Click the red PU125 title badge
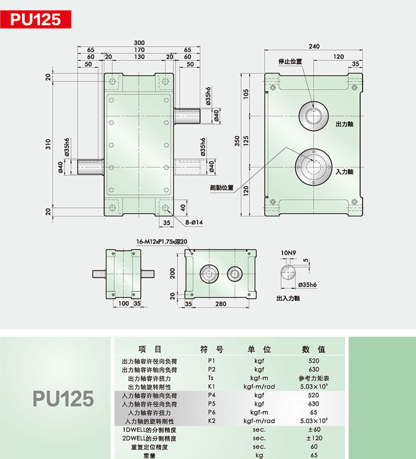(x=36, y=19)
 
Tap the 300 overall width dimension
(x=139, y=43)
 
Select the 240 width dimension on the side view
(x=314, y=46)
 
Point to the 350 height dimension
(x=237, y=141)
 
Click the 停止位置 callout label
(x=290, y=61)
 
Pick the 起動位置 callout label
(x=221, y=188)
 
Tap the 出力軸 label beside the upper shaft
(x=344, y=124)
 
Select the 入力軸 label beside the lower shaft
(x=344, y=171)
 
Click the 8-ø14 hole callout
(x=194, y=222)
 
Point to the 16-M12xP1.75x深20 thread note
(x=161, y=242)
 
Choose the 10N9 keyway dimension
(x=288, y=253)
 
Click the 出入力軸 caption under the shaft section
(x=288, y=298)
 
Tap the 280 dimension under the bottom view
(x=221, y=304)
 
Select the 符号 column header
(x=211, y=349)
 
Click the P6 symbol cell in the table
(x=211, y=412)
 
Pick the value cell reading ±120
(x=314, y=438)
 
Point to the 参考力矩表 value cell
(x=314, y=378)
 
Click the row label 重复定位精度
(x=149, y=447)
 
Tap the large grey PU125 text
(x=63, y=399)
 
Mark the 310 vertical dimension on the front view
(x=48, y=144)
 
